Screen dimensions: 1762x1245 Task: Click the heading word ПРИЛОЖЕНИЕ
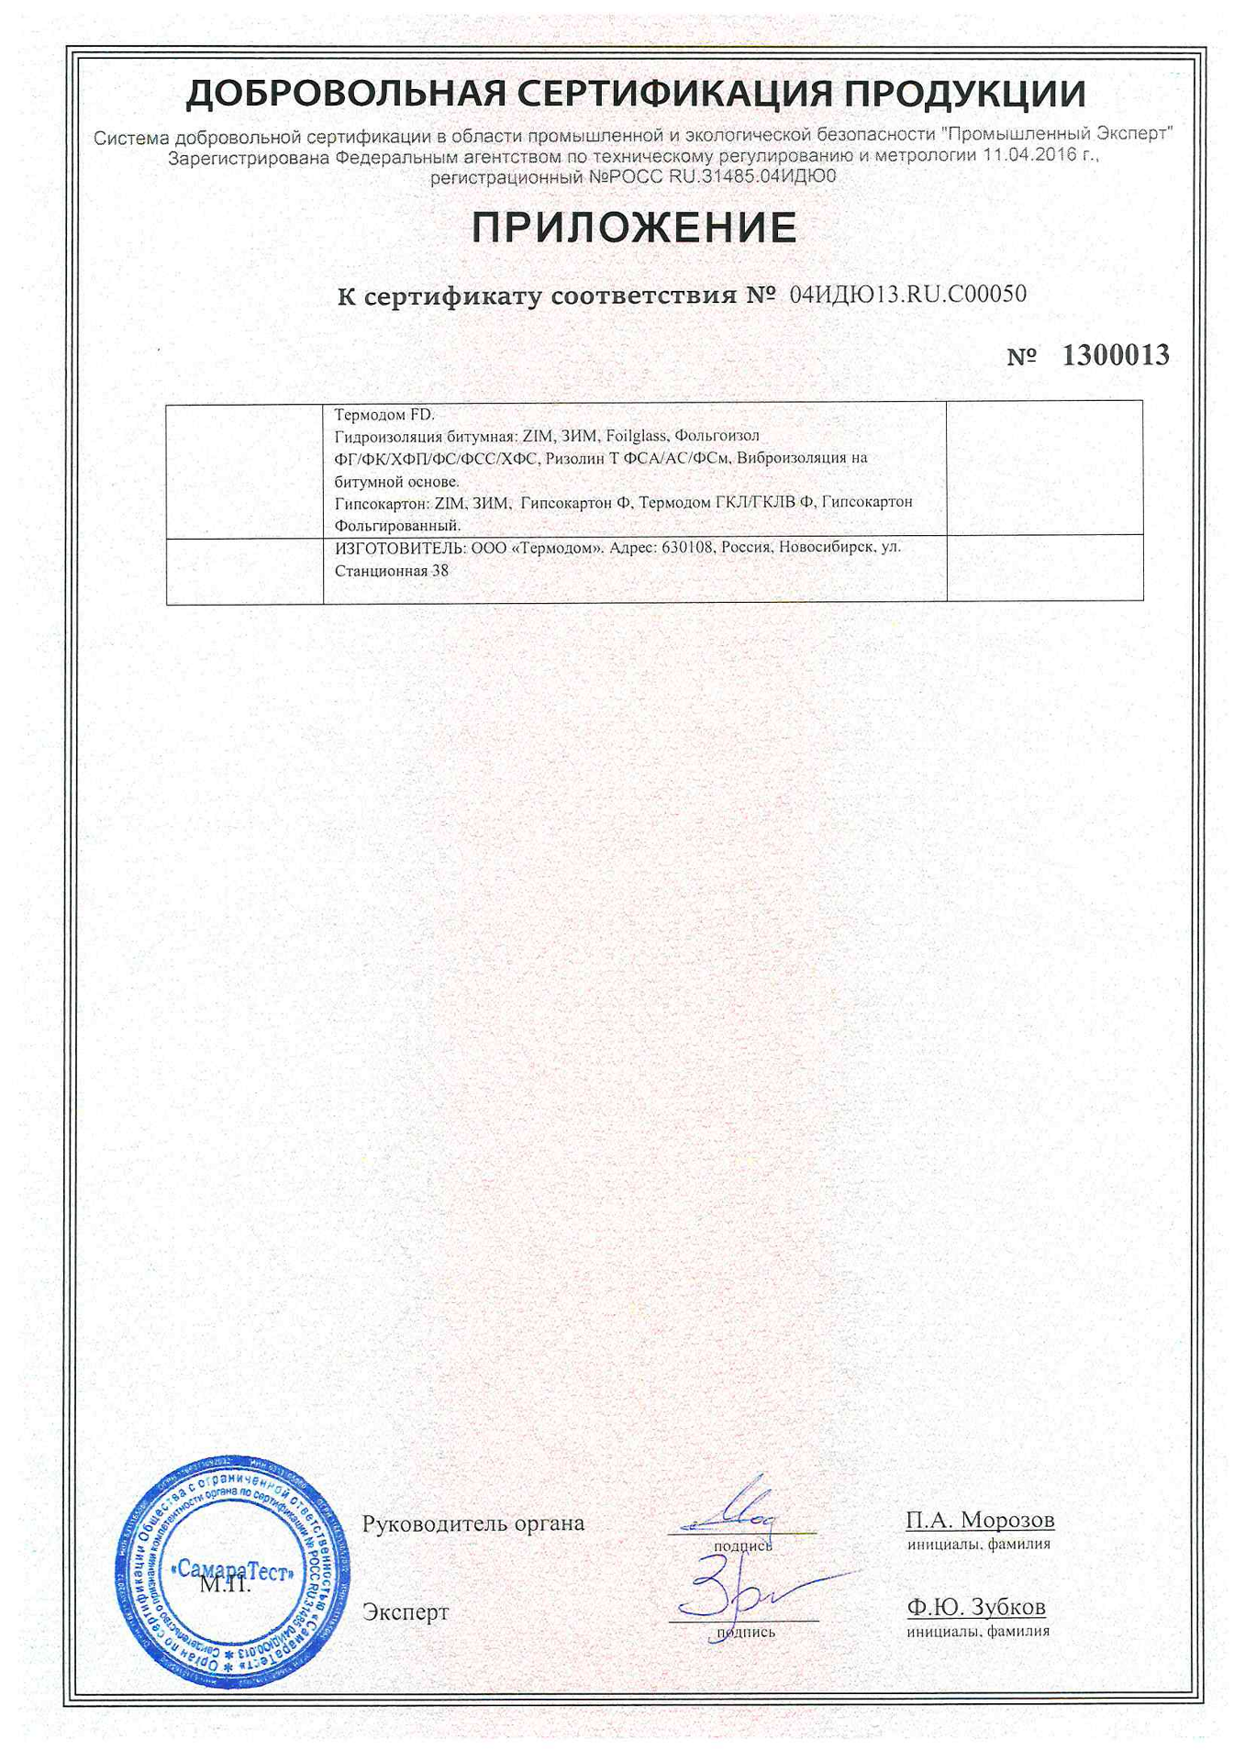(634, 228)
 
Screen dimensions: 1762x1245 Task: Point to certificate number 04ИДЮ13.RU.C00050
(907, 295)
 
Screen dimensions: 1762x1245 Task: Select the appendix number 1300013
(1115, 355)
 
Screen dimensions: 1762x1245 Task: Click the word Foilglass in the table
(636, 436)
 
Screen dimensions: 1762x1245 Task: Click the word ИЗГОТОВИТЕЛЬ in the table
(400, 547)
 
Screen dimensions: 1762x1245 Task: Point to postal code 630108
(687, 547)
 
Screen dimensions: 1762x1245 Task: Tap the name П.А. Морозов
(980, 1521)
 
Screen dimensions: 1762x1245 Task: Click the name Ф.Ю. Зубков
(976, 1607)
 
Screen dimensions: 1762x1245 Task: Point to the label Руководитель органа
(472, 1523)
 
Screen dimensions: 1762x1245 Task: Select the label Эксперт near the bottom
(406, 1612)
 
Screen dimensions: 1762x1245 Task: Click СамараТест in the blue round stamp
(235, 1570)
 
